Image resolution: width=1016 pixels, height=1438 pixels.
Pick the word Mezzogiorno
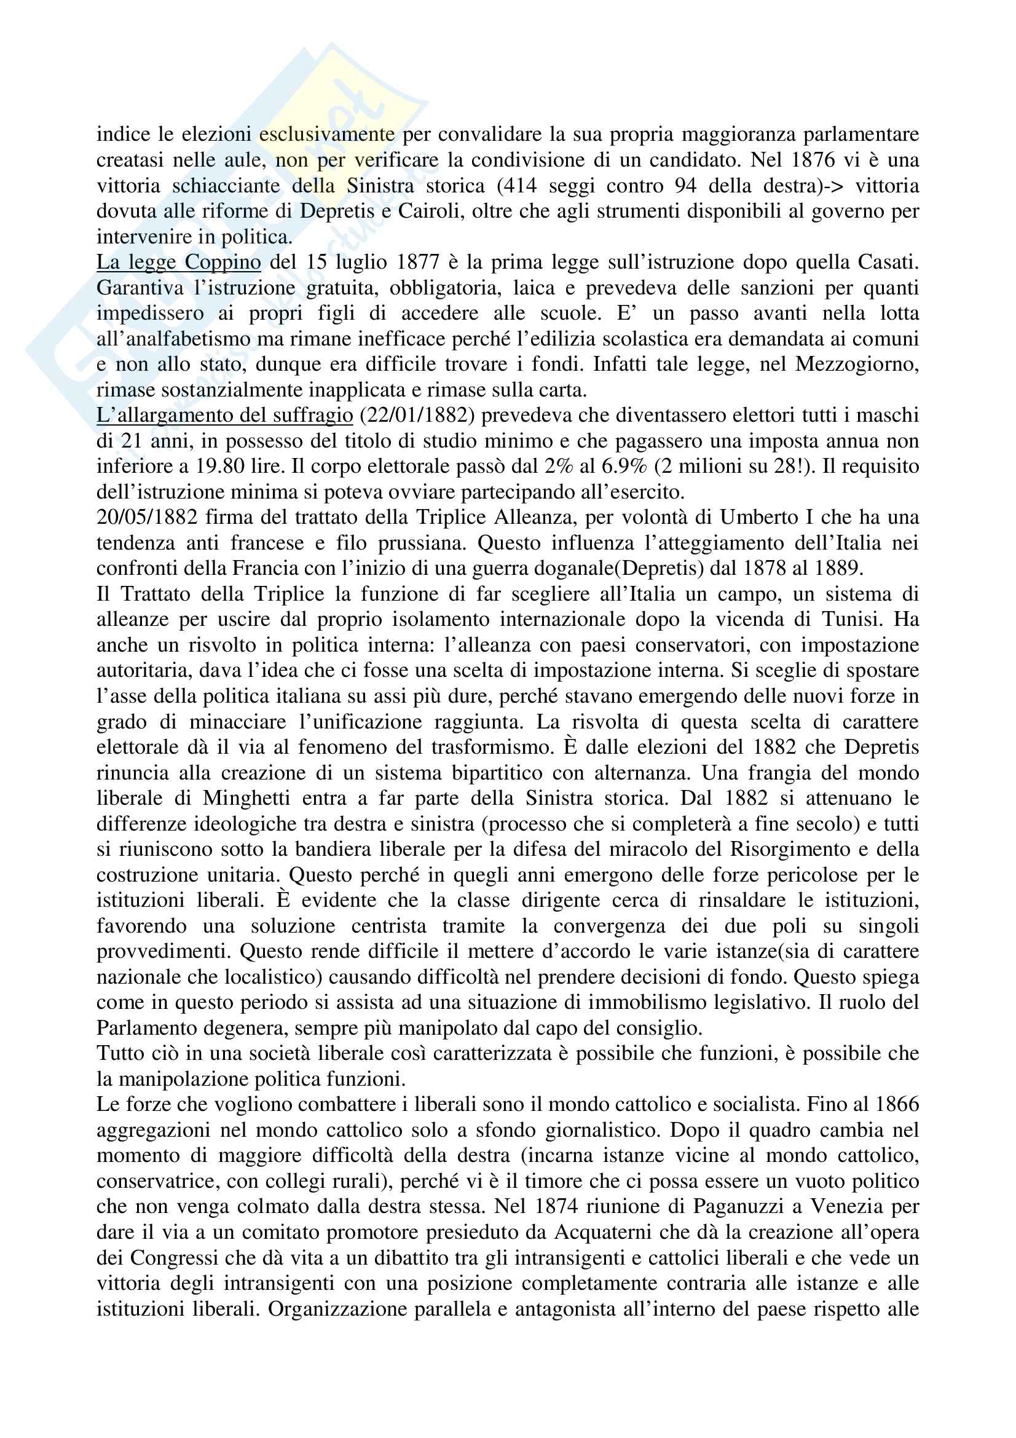coord(856,365)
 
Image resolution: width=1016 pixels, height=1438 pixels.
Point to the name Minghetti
coord(246,799)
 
